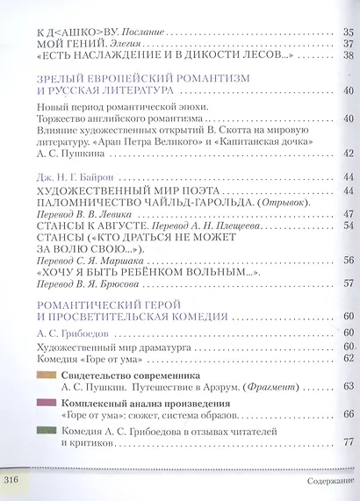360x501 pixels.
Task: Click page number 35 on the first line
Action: pos(348,32)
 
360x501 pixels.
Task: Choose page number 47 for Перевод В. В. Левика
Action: pos(348,214)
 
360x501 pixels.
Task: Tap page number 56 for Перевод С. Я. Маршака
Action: pos(348,260)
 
